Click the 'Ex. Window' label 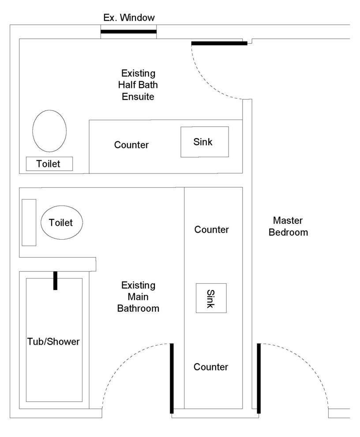click(129, 18)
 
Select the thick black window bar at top click(128, 31)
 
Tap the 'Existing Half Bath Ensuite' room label click(138, 84)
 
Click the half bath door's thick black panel click(219, 43)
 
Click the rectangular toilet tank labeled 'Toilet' click(49, 164)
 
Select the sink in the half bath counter click(204, 142)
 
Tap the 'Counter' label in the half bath click(131, 145)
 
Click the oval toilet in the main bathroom click(62, 222)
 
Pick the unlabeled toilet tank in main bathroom click(29, 222)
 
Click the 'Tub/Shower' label click(54, 341)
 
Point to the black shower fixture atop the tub click(55, 280)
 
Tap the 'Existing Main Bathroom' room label click(138, 297)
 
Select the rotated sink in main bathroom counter click(211, 298)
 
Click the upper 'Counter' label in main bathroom click(211, 230)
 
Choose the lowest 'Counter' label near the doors click(211, 367)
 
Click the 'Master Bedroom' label click(288, 226)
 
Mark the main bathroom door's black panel click(172, 378)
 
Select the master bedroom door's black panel click(259, 378)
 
